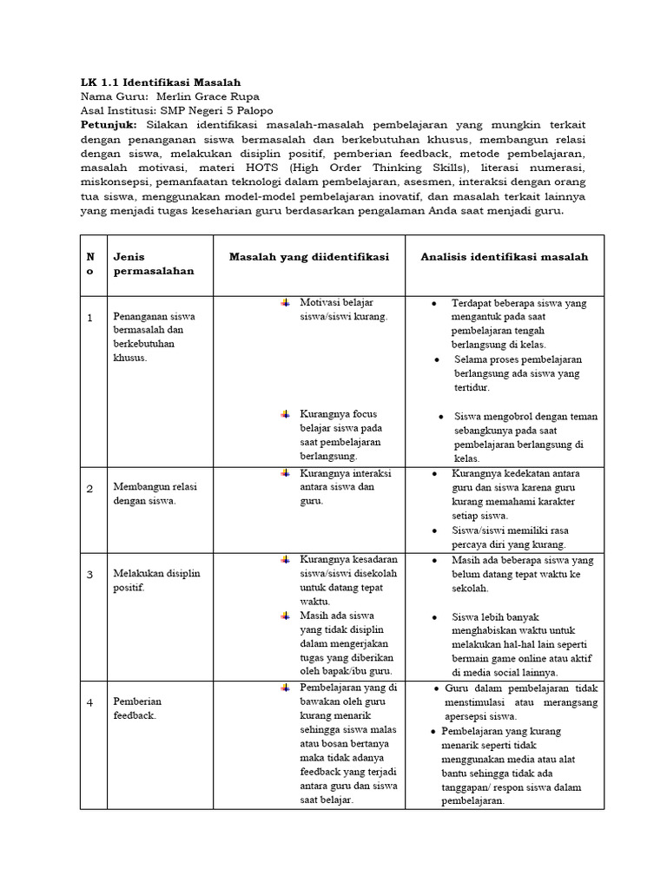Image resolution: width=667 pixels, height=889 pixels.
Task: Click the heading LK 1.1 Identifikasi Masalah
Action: [x=154, y=82]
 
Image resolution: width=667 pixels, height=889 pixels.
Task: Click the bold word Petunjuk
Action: [x=108, y=125]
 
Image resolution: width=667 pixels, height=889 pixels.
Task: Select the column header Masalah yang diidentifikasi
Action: [x=308, y=257]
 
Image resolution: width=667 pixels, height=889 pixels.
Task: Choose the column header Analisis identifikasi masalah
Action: [x=504, y=257]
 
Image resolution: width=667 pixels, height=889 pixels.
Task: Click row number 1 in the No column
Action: [x=89, y=319]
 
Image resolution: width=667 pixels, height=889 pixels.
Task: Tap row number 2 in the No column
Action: [x=89, y=489]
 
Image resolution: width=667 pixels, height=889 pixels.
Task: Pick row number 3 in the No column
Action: [x=89, y=574]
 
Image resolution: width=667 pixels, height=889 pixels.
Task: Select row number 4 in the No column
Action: [x=89, y=701]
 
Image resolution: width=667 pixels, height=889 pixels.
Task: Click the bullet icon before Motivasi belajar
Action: [x=285, y=302]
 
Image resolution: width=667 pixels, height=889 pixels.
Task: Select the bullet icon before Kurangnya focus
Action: [x=285, y=414]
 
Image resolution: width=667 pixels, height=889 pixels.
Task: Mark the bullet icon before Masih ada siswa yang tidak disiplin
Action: [x=285, y=616]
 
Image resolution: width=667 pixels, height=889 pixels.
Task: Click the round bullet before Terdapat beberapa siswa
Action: [x=434, y=304]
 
